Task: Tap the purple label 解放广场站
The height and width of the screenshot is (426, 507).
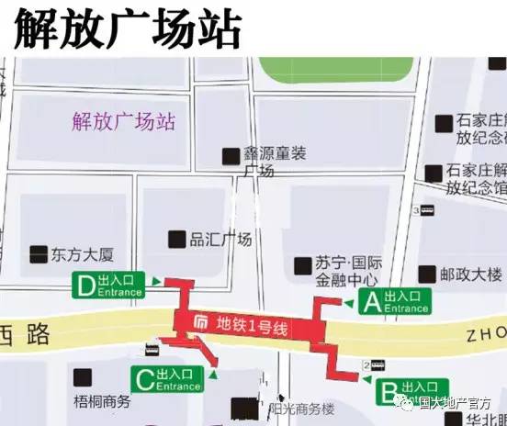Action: (123, 122)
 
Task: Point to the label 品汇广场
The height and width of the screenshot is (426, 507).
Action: (220, 240)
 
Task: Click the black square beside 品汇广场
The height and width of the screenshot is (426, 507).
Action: (176, 239)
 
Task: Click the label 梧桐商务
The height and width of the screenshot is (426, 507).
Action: (102, 401)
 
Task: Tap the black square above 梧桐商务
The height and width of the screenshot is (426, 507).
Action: (83, 376)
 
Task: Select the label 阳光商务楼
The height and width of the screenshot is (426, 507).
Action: (301, 409)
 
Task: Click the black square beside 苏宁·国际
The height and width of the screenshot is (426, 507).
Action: (302, 265)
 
